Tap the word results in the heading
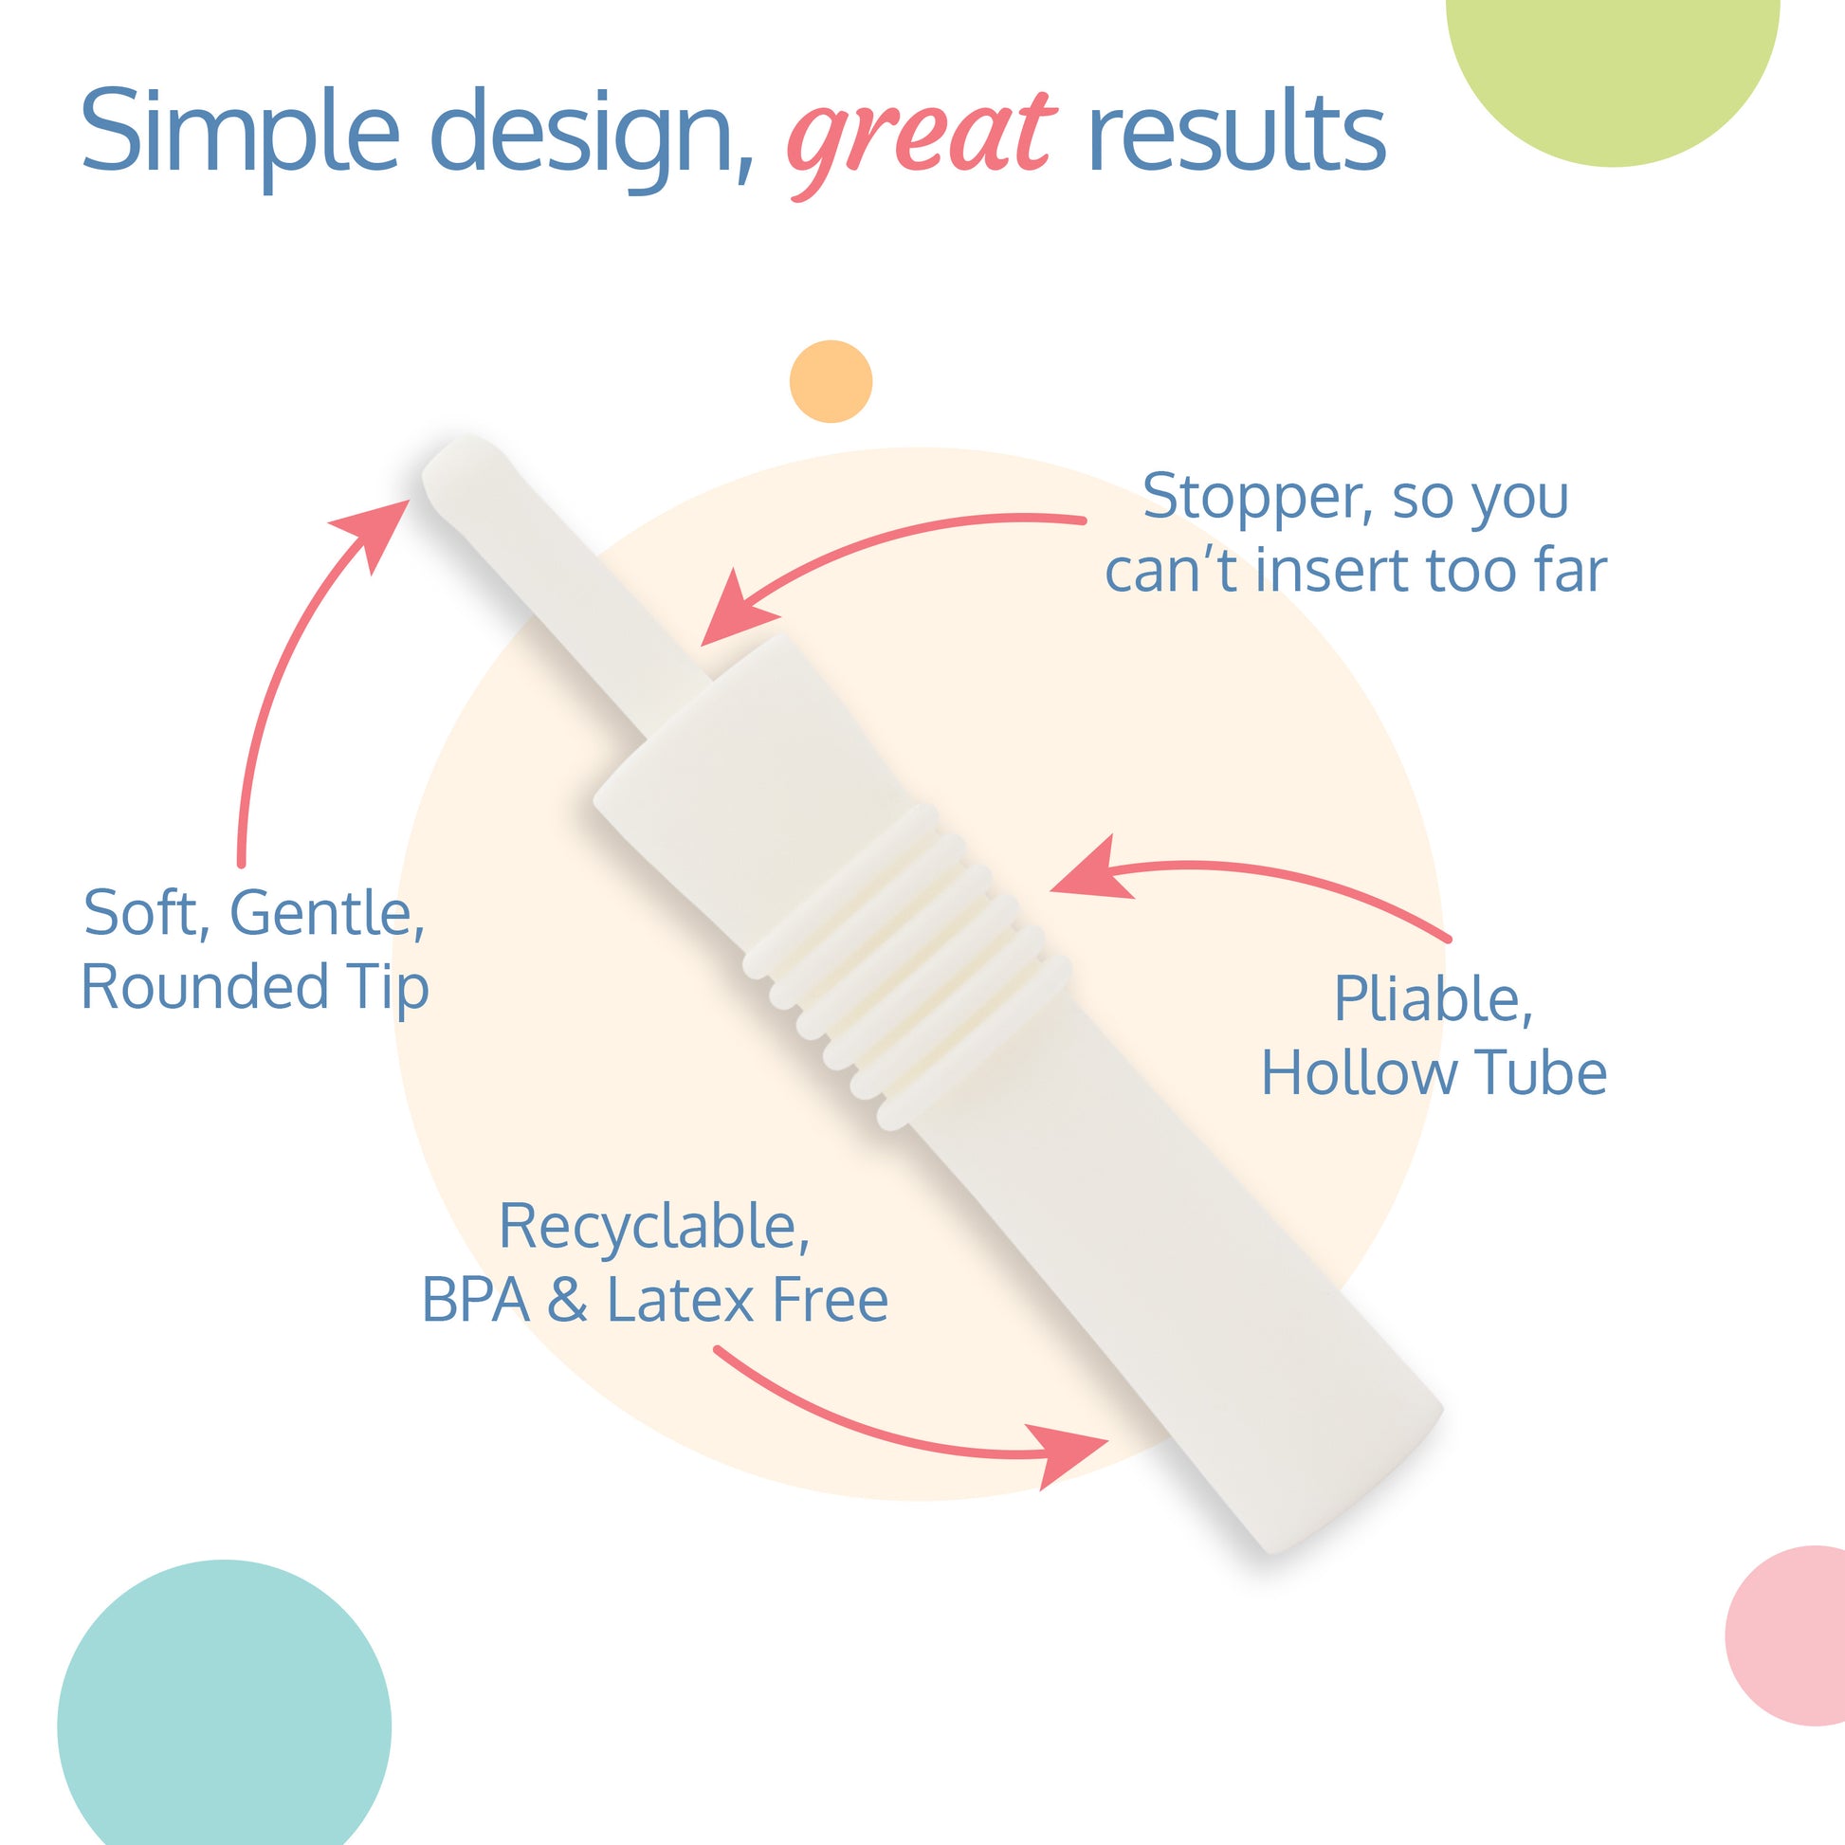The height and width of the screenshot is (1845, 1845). click(1236, 132)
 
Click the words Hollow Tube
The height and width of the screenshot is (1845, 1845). click(1434, 1072)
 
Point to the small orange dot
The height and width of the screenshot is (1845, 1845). click(831, 381)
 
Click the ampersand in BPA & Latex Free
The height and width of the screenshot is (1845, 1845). click(567, 1301)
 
